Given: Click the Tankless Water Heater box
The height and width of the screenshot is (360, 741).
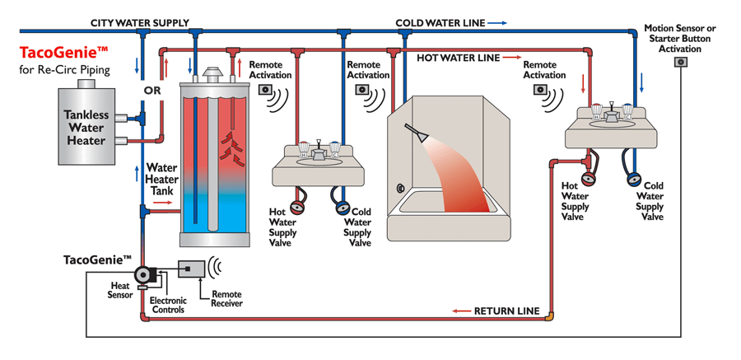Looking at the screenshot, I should click(x=86, y=127).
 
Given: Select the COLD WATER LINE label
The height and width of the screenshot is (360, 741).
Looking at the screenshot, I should click(x=440, y=23).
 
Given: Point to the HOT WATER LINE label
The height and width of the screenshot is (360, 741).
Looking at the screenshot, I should click(x=458, y=58).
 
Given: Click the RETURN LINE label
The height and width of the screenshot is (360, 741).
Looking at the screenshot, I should click(x=506, y=311).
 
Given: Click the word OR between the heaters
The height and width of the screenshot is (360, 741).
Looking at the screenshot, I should click(x=152, y=91).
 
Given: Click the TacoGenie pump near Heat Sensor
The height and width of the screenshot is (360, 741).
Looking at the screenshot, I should click(x=145, y=275).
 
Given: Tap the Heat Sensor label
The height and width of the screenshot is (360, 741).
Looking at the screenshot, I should click(x=120, y=290).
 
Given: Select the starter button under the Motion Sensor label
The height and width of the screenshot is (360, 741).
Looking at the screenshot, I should click(x=681, y=62).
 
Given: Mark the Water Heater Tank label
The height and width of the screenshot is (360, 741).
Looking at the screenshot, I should click(x=161, y=179).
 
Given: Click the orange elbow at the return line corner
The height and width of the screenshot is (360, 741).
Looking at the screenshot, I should click(x=549, y=314).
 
